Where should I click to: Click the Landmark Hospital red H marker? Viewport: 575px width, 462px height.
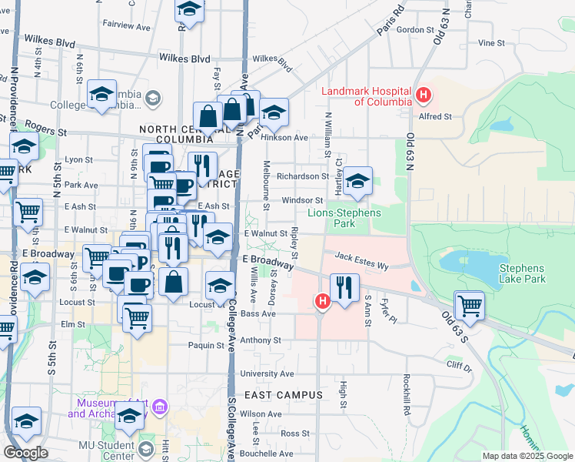click(x=422, y=96)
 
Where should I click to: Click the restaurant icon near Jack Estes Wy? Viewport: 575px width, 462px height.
click(x=344, y=288)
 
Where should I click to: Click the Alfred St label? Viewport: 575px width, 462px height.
click(x=435, y=116)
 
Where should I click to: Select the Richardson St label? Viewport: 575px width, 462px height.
click(x=303, y=176)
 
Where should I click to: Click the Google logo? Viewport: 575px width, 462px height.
click(x=25, y=453)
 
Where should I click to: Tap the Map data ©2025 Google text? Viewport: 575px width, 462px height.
click(x=527, y=456)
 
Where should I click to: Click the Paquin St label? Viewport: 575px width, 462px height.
click(x=207, y=345)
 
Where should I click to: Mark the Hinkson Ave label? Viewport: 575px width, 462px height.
click(x=284, y=138)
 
